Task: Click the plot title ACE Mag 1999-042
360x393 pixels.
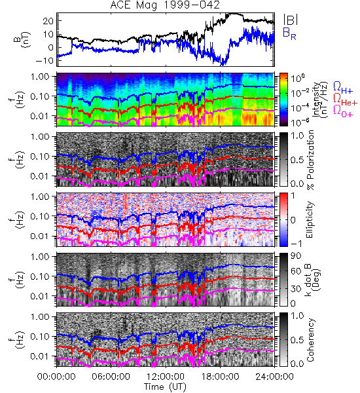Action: [x=165, y=5]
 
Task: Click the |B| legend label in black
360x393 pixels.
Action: [x=291, y=20]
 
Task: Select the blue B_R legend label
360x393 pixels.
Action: [x=289, y=34]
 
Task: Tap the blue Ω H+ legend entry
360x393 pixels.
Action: [x=343, y=87]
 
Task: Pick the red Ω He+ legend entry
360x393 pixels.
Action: [x=345, y=100]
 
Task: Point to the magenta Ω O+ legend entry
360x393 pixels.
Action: [x=343, y=111]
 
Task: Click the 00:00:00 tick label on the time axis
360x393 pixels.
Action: [x=56, y=377]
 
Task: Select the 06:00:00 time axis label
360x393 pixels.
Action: [x=111, y=377]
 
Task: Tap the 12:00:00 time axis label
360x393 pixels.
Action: [x=166, y=377]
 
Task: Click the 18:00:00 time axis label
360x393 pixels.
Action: [x=220, y=377]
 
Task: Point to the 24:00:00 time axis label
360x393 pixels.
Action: [x=274, y=377]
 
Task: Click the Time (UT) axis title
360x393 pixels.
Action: [x=166, y=386]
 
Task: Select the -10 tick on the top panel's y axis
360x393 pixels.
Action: [x=45, y=61]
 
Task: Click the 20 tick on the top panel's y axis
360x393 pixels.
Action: [x=48, y=21]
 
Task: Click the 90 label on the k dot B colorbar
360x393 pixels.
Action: [x=295, y=256]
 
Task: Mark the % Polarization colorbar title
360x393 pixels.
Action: [x=310, y=160]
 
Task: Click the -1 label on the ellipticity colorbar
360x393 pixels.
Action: [x=296, y=244]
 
